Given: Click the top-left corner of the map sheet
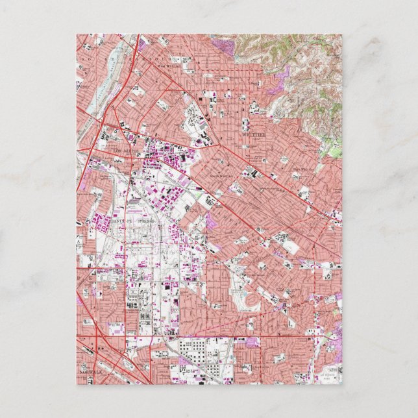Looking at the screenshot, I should pyautogui.click(x=77, y=34).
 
